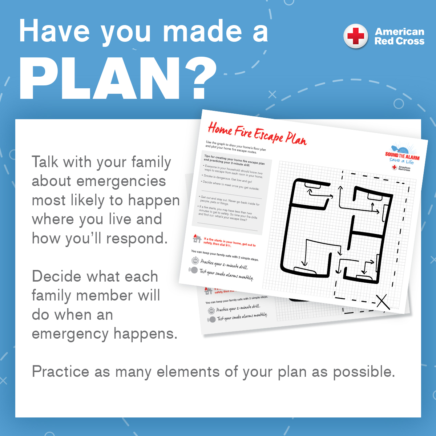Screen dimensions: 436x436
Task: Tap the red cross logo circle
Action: pyautogui.click(x=356, y=36)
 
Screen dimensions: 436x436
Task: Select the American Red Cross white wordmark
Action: pyautogui.click(x=399, y=36)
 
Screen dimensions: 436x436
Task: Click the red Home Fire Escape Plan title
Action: pyautogui.click(x=257, y=134)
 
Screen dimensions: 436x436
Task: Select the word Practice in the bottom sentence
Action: pyautogui.click(x=60, y=372)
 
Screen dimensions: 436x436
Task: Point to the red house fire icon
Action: pyautogui.click(x=197, y=238)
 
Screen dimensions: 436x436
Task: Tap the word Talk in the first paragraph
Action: pyautogui.click(x=45, y=162)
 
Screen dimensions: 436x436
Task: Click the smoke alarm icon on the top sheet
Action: pyautogui.click(x=193, y=270)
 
